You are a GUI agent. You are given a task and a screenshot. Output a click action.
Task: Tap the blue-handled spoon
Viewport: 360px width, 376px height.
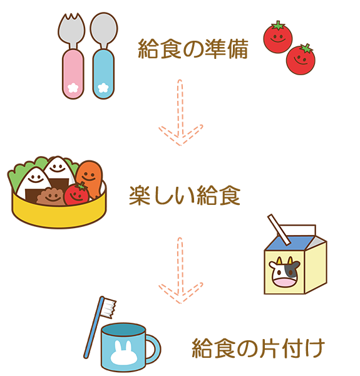tap(104, 56)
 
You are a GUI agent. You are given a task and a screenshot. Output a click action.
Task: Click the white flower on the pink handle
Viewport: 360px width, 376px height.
tap(73, 88)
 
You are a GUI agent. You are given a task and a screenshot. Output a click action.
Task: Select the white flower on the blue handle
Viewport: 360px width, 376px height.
tap(103, 88)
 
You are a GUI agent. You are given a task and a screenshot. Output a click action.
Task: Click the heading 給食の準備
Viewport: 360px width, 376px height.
tap(193, 49)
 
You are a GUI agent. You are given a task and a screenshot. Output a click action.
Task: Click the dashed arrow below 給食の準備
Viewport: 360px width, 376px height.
tap(180, 113)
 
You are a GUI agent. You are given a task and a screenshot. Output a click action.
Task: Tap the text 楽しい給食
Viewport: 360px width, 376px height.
tap(185, 195)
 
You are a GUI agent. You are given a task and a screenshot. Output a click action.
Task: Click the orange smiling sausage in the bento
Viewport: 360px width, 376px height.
tap(90, 179)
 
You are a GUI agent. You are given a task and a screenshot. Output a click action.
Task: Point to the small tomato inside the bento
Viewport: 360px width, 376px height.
tap(76, 194)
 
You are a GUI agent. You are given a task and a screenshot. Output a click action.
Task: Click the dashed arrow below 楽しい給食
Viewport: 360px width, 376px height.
tap(180, 271)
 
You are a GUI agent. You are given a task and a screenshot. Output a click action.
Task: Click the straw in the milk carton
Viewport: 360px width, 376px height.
tap(279, 229)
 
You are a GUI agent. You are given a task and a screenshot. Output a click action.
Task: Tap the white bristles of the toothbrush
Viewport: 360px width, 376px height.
tap(109, 308)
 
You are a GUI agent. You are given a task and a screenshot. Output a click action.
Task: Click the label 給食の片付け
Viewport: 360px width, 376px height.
tap(259, 348)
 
